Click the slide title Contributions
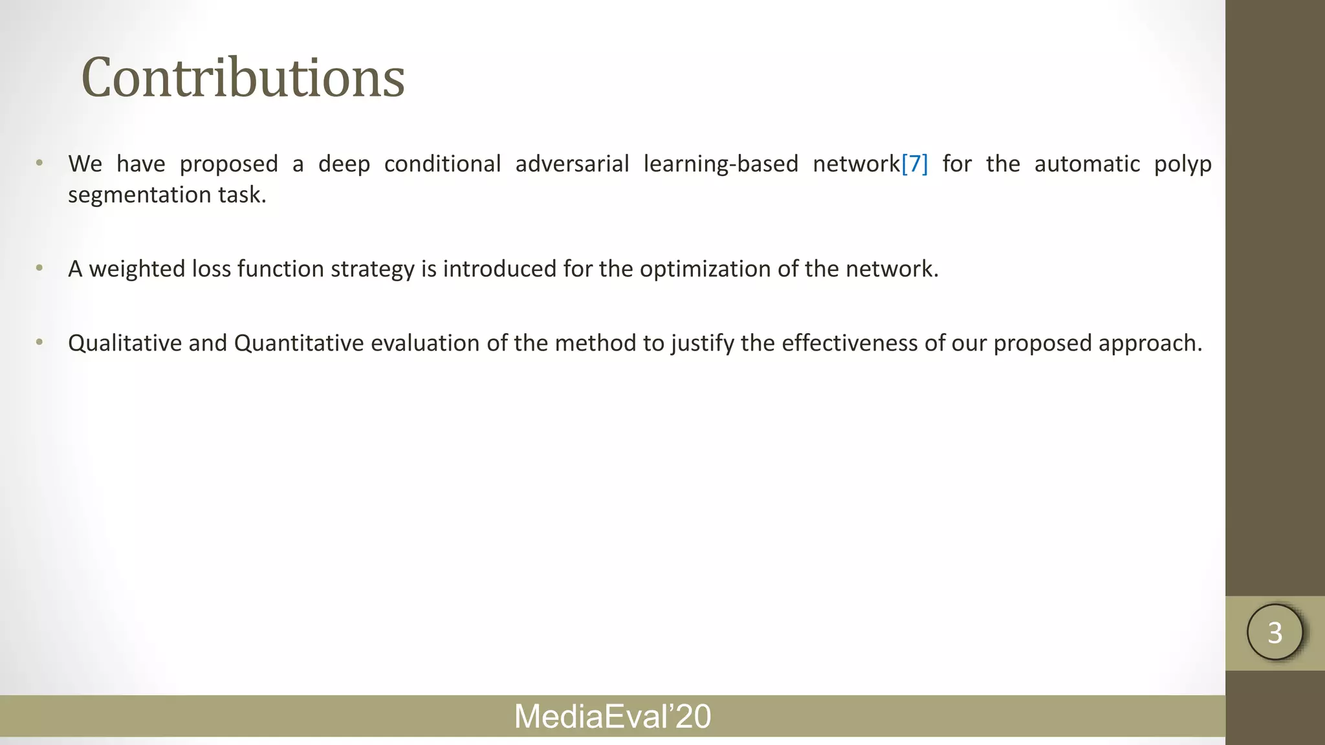click(243, 78)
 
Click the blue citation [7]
click(914, 164)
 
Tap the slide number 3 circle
click(1275, 632)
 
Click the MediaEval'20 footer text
click(612, 717)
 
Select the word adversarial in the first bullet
click(572, 164)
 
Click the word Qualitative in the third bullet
click(124, 343)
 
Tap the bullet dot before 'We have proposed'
click(39, 163)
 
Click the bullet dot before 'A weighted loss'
click(39, 268)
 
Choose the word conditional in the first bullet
click(443, 164)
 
